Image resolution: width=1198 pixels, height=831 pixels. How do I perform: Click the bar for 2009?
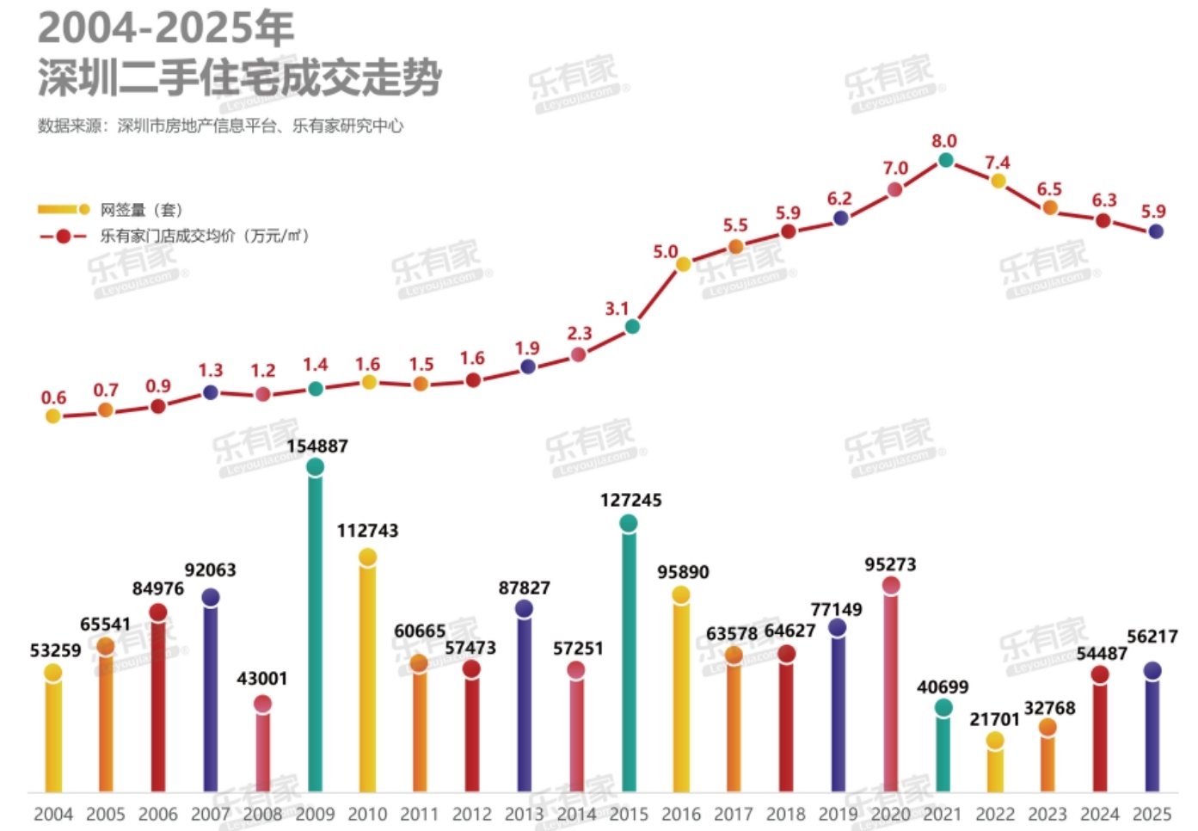pyautogui.click(x=316, y=628)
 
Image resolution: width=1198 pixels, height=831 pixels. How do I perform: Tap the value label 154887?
pyautogui.click(x=317, y=446)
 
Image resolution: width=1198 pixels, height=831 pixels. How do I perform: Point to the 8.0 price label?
pyautogui.click(x=943, y=141)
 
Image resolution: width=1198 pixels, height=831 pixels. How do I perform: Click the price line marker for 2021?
pyautogui.click(x=945, y=160)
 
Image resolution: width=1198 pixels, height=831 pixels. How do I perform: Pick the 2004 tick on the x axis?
pyautogui.click(x=53, y=814)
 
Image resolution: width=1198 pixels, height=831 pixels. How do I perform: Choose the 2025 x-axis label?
pyautogui.click(x=1152, y=814)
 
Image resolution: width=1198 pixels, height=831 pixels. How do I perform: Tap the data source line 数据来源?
pyautogui.click(x=220, y=126)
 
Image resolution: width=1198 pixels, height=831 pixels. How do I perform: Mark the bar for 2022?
pyautogui.click(x=995, y=766)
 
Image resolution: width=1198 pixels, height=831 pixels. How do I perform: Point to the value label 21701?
pyautogui.click(x=994, y=719)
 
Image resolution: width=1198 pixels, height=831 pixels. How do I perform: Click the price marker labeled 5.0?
pyautogui.click(x=683, y=264)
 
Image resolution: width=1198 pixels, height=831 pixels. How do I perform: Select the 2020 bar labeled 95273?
pyautogui.click(x=891, y=688)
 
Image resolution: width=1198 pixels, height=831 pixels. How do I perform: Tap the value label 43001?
pyautogui.click(x=262, y=679)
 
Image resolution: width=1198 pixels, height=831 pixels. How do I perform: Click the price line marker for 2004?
pyautogui.click(x=53, y=416)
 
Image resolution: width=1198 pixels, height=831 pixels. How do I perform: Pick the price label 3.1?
pyautogui.click(x=617, y=309)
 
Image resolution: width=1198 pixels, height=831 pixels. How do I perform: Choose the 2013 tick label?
pyautogui.click(x=524, y=814)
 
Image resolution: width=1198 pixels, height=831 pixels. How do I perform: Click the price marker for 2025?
pyautogui.click(x=1156, y=231)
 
